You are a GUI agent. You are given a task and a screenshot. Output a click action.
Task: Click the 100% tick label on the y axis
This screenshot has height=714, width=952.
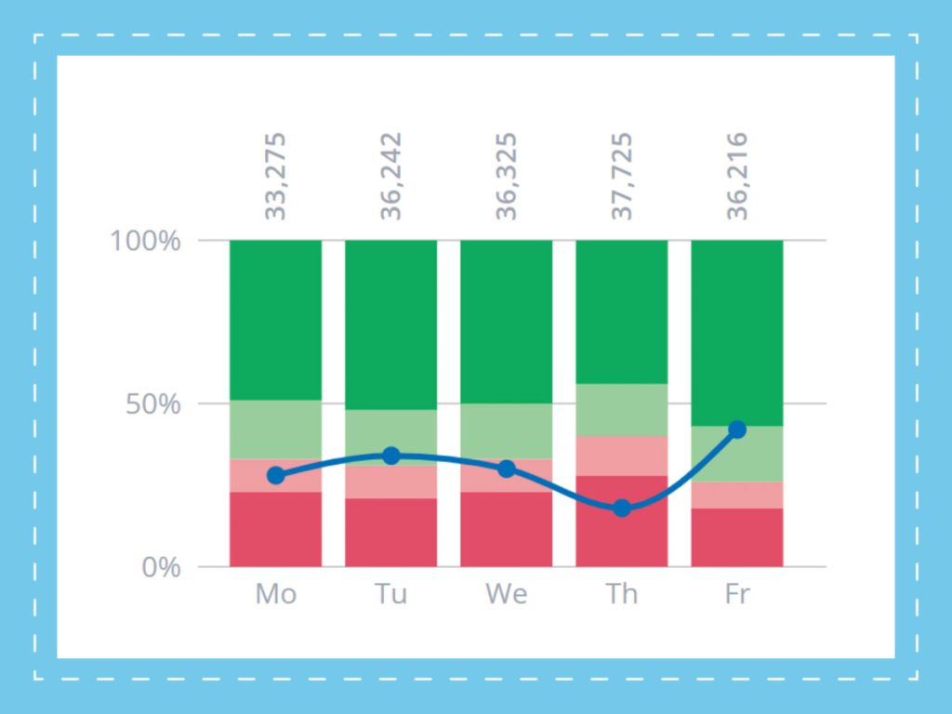pyautogui.click(x=145, y=241)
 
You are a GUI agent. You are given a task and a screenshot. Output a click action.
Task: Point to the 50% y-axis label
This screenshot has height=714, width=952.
pyautogui.click(x=153, y=404)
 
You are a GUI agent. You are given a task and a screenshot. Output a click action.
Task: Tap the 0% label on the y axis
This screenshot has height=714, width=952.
pyautogui.click(x=161, y=568)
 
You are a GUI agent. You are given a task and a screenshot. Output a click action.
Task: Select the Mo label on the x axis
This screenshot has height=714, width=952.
pyautogui.click(x=275, y=594)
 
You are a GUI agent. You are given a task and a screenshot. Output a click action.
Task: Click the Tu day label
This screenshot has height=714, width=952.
pyautogui.click(x=391, y=594)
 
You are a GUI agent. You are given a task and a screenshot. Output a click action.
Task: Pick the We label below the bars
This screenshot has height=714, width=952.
pyautogui.click(x=507, y=594)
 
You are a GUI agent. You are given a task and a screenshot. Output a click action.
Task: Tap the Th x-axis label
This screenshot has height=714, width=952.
pyautogui.click(x=622, y=594)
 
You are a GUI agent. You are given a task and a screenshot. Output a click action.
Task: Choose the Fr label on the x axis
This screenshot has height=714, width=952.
pyautogui.click(x=737, y=594)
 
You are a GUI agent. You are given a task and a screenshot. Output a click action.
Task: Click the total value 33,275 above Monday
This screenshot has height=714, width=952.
pyautogui.click(x=275, y=176)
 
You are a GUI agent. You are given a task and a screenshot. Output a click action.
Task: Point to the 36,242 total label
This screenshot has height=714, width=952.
pyautogui.click(x=391, y=176)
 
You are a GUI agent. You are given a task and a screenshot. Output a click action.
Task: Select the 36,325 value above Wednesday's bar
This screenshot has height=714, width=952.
pyautogui.click(x=507, y=176)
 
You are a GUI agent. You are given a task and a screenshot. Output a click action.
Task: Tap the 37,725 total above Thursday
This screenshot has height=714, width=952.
pyautogui.click(x=622, y=176)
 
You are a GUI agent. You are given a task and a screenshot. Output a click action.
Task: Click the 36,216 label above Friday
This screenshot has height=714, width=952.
pyautogui.click(x=737, y=176)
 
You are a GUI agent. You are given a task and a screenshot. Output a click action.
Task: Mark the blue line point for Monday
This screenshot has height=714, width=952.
pyautogui.click(x=275, y=475)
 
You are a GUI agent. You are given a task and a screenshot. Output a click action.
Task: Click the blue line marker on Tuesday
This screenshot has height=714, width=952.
pyautogui.click(x=391, y=456)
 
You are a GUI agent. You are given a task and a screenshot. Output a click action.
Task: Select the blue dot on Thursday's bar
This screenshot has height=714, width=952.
pyautogui.click(x=622, y=509)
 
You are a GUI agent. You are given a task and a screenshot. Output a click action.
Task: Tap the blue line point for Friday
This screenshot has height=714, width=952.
pyautogui.click(x=737, y=430)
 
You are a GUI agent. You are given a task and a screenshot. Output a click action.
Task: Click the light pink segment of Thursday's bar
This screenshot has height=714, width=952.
pyautogui.click(x=622, y=456)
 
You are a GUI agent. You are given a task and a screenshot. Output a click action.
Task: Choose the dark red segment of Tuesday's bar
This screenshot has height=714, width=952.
pyautogui.click(x=391, y=533)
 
